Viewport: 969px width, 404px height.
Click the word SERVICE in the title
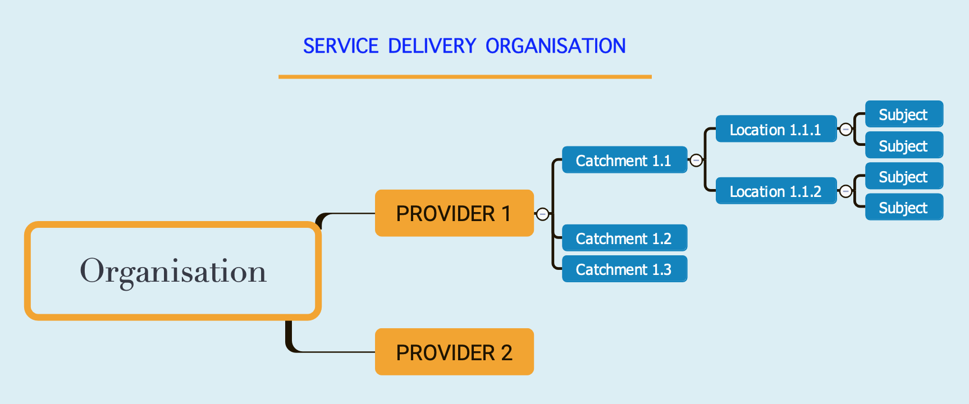coord(341,46)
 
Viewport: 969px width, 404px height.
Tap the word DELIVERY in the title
coord(432,46)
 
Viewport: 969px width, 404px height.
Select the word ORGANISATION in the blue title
coord(555,46)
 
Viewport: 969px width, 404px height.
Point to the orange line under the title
coord(465,77)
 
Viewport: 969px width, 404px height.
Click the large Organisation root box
coord(173,271)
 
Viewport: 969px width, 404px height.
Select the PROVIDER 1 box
coord(454,213)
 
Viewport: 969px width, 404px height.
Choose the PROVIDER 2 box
coord(454,352)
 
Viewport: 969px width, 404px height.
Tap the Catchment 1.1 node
coord(624,160)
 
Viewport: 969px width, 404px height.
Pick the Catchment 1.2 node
coord(624,238)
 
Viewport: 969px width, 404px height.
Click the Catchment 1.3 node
coord(624,269)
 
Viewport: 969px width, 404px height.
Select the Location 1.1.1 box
coord(776,130)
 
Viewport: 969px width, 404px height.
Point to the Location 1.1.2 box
coord(776,191)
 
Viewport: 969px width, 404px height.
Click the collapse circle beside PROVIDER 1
coord(542,214)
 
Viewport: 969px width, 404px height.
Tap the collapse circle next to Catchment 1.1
coord(696,160)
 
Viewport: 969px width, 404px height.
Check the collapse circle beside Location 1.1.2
coord(845,191)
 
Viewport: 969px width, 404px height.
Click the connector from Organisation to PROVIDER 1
coord(348,214)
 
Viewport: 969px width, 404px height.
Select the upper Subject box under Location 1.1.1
coord(904,114)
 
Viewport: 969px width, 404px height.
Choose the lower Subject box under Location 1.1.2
coord(904,208)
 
